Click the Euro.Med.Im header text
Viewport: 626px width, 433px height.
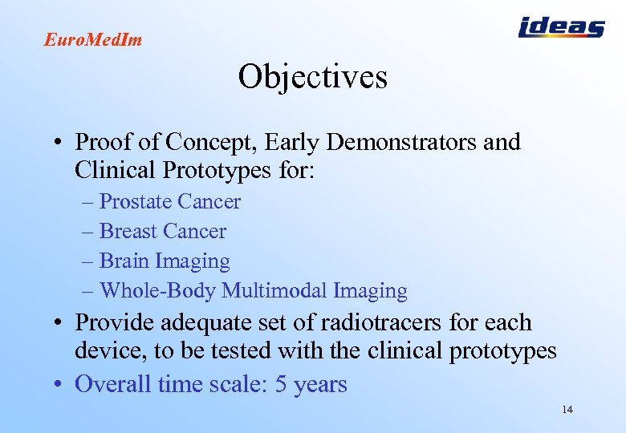coord(92,39)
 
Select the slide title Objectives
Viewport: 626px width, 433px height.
coord(312,77)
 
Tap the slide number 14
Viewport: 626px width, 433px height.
coord(567,410)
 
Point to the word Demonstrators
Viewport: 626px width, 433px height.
coord(411,143)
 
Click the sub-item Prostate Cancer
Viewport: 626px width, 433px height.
coord(169,202)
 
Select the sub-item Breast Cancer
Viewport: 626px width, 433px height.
coord(162,232)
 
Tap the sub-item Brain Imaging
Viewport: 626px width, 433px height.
coord(165,261)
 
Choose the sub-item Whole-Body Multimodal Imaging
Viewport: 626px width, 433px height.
coord(253,291)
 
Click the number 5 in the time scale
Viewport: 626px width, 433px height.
coord(281,384)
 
